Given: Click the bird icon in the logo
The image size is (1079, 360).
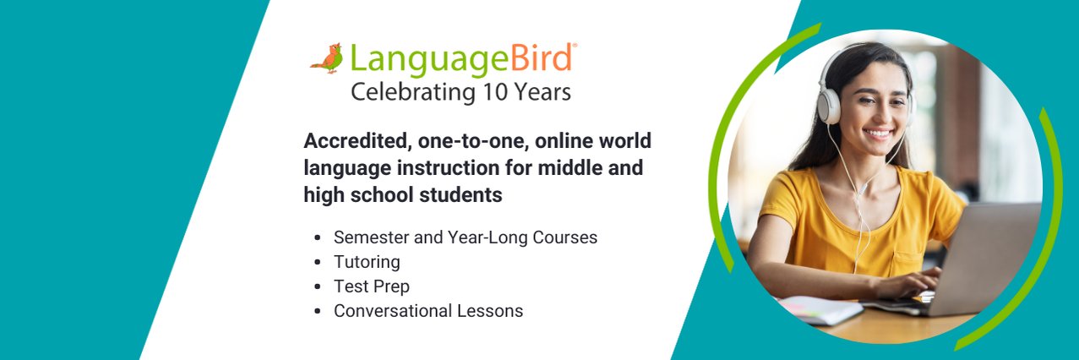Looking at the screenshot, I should pos(327,59).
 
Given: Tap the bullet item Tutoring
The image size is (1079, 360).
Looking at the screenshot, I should pos(367,262).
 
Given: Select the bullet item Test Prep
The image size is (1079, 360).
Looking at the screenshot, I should pos(371,286).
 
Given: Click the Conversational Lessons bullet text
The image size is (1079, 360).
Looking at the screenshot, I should pos(428,311).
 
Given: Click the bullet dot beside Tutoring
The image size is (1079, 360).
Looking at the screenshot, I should pos(318,262).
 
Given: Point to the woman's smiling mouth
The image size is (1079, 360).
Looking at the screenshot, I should pos(878,134).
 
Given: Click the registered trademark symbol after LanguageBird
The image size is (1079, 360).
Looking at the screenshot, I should pos(575,44).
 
